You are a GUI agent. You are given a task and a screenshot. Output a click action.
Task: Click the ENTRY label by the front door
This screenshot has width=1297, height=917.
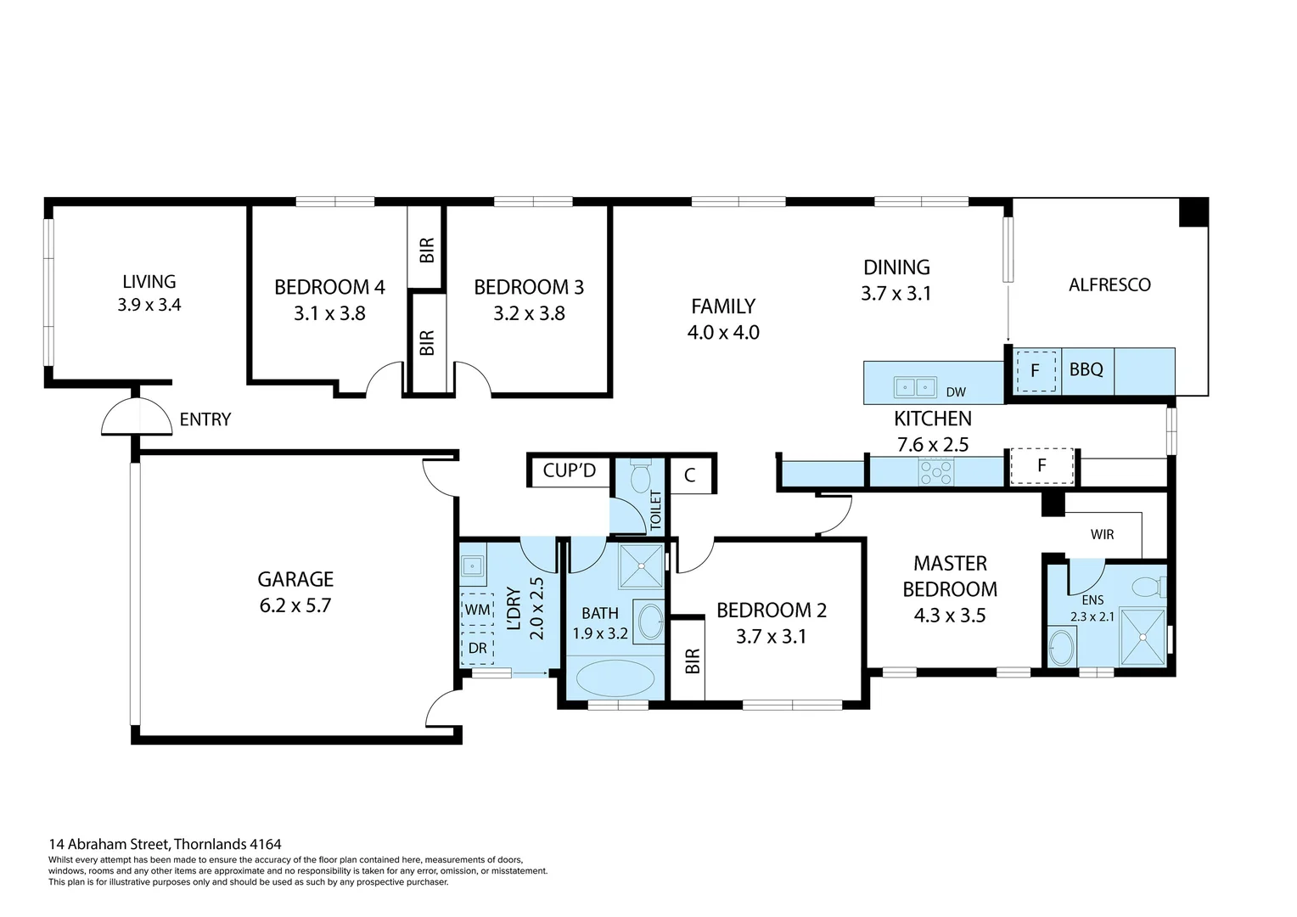click(x=205, y=419)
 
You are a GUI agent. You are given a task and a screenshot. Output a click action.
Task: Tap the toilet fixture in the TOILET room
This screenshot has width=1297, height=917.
click(x=640, y=475)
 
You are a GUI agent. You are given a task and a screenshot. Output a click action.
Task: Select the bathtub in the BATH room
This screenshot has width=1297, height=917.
click(x=615, y=679)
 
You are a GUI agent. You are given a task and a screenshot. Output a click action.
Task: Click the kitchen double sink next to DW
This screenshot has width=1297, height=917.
click(x=914, y=387)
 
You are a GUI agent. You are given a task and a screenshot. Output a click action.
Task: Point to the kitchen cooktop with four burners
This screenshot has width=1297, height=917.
click(x=935, y=472)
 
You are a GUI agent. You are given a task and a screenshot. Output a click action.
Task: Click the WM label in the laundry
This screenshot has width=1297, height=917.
click(x=477, y=610)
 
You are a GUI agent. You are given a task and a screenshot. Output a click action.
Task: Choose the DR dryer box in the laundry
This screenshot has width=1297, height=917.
click(x=477, y=648)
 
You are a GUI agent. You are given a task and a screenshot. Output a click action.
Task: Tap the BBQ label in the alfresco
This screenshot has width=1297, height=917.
click(x=1086, y=370)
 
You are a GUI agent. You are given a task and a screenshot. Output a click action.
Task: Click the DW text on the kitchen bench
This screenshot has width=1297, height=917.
click(x=956, y=392)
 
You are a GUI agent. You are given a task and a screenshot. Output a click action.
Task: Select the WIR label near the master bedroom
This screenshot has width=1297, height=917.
click(x=1102, y=535)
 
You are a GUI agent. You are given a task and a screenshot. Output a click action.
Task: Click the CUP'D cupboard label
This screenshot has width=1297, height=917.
click(x=569, y=470)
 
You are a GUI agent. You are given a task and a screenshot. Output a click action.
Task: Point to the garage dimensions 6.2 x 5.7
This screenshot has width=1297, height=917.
click(x=295, y=605)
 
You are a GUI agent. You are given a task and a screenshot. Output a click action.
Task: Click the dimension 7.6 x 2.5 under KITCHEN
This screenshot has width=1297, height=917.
click(x=932, y=444)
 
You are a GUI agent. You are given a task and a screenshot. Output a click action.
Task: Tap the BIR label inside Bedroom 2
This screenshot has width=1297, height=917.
click(x=692, y=661)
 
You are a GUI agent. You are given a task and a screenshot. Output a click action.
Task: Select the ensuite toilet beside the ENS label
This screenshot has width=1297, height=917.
click(x=1148, y=587)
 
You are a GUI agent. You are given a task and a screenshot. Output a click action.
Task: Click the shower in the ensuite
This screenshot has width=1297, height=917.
click(x=1143, y=637)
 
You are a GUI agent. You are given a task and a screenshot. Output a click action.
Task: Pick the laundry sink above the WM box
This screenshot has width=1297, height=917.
click(x=473, y=565)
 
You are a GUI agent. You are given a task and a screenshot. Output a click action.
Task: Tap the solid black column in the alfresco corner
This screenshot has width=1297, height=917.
click(x=1193, y=212)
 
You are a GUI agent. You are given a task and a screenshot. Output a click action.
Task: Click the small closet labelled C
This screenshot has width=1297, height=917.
click(x=689, y=475)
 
